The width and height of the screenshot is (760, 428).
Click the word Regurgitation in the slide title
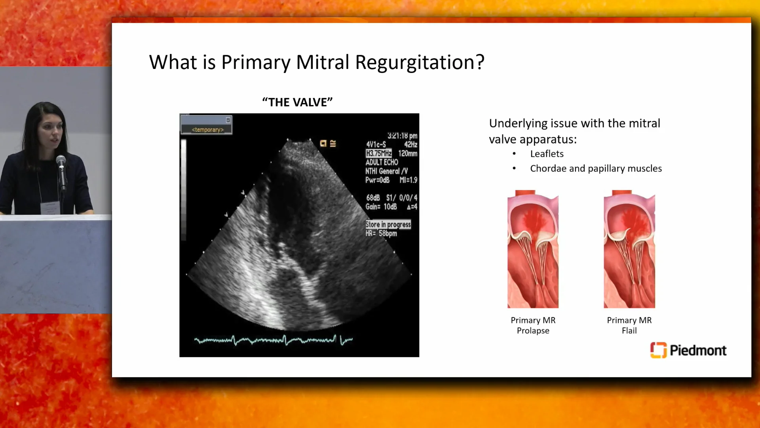click(419, 63)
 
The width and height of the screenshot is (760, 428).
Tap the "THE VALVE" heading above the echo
click(297, 102)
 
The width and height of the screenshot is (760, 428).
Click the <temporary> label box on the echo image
click(207, 129)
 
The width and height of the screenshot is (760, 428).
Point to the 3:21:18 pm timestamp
click(402, 136)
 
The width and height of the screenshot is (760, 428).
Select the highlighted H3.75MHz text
click(378, 153)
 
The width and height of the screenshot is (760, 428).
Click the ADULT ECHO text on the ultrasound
click(382, 162)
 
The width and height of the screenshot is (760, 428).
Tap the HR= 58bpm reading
click(381, 233)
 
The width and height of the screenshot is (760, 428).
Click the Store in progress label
click(388, 224)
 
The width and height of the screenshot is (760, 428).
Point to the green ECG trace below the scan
click(273, 340)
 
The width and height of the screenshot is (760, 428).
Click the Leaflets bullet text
click(547, 154)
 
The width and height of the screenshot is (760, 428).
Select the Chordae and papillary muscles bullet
click(596, 168)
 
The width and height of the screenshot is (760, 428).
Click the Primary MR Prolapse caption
click(533, 325)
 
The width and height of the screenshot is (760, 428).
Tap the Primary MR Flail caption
click(629, 325)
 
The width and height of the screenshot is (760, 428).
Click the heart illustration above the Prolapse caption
click(533, 249)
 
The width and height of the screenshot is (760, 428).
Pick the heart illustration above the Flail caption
click(629, 249)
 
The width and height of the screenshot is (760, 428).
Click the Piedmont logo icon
click(658, 350)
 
